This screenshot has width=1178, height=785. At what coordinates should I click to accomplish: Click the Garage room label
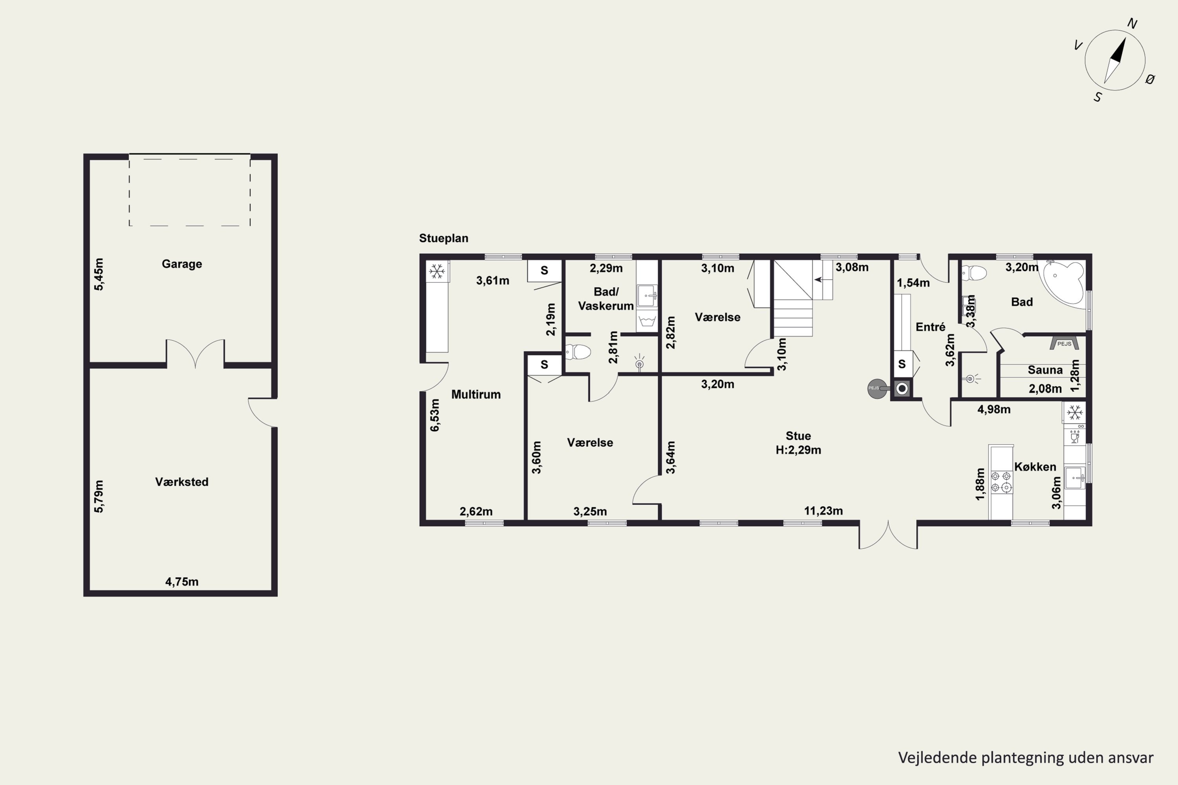click(182, 264)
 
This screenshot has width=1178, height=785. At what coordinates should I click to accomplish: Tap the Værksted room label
click(182, 482)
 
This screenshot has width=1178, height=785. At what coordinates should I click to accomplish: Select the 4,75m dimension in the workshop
click(182, 582)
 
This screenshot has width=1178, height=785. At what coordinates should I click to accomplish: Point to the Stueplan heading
click(444, 238)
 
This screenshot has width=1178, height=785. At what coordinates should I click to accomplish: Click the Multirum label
click(476, 394)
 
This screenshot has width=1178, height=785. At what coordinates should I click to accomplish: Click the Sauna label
click(1045, 370)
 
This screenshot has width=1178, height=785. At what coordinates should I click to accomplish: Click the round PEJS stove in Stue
click(877, 388)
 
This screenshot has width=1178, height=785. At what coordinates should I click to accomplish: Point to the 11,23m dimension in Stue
click(823, 511)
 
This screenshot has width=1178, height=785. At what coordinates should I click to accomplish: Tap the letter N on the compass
click(1132, 24)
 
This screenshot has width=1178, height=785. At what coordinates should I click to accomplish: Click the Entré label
click(930, 327)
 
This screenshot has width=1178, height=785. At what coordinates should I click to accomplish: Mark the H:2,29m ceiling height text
click(798, 450)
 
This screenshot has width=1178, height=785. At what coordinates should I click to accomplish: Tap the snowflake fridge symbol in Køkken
click(1074, 413)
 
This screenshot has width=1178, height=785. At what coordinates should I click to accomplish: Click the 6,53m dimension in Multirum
click(435, 415)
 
